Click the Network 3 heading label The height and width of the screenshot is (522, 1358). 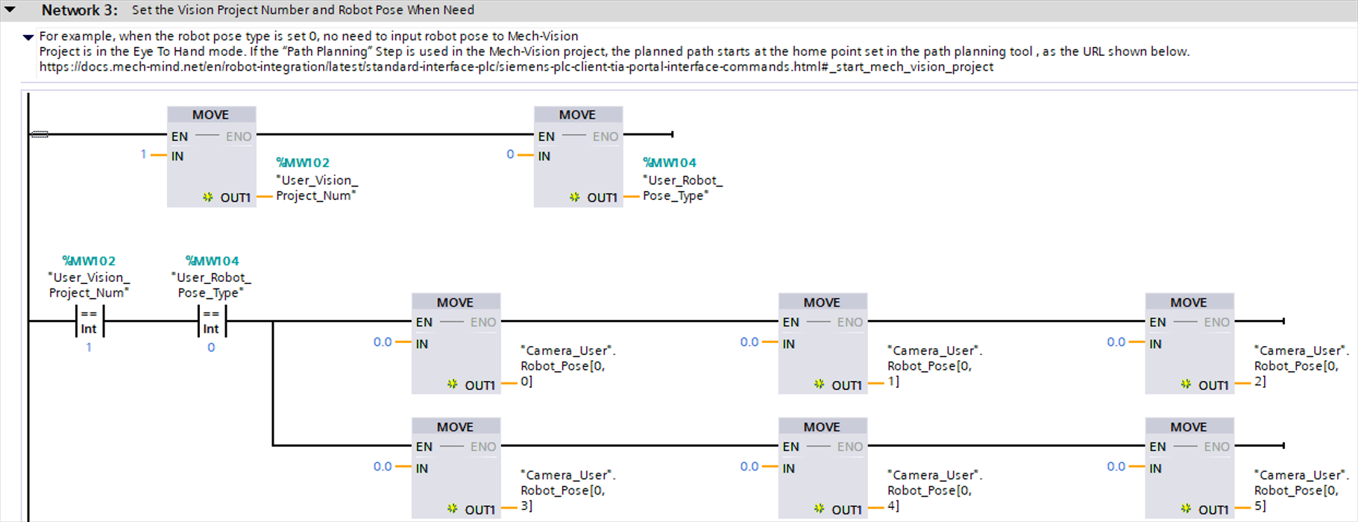(x=79, y=10)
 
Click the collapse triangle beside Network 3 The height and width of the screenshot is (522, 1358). (x=10, y=10)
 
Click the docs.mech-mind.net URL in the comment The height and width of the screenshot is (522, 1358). (x=516, y=67)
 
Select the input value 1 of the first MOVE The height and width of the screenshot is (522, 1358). (x=143, y=154)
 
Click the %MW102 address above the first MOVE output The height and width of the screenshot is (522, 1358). (x=303, y=163)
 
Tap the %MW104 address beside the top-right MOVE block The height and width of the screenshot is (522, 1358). (x=670, y=163)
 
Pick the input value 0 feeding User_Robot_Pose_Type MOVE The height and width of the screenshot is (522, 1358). (x=510, y=154)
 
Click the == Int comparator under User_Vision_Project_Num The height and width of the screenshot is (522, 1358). (x=89, y=321)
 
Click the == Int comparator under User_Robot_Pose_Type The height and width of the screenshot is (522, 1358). (x=211, y=321)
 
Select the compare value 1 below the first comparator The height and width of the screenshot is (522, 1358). (x=89, y=348)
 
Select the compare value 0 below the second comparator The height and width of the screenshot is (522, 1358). (x=211, y=348)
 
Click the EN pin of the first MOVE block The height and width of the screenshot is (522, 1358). (x=180, y=136)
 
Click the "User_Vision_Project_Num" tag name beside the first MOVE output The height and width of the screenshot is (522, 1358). (x=316, y=188)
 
